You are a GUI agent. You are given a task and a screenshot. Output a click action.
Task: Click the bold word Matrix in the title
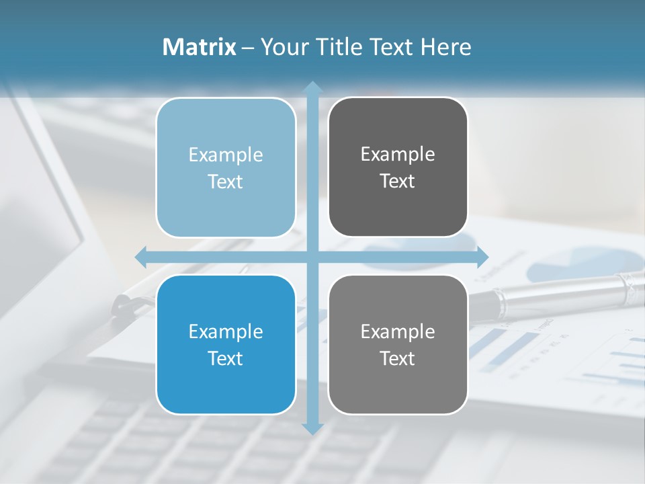tap(200, 47)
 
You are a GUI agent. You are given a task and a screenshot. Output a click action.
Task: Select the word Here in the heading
tap(446, 47)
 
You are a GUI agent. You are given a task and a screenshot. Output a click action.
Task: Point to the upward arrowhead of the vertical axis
tap(312, 87)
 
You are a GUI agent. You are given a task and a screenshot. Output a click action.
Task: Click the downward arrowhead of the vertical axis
tap(312, 428)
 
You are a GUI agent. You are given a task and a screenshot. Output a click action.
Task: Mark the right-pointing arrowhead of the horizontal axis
tap(482, 257)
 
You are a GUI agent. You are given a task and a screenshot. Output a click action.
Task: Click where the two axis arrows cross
tap(312, 257)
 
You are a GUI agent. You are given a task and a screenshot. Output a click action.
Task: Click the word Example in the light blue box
tap(226, 155)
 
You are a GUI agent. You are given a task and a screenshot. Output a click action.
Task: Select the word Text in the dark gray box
tap(398, 182)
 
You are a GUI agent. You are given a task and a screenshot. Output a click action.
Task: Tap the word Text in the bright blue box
tap(226, 358)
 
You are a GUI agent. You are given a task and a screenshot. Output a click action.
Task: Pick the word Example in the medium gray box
tap(398, 331)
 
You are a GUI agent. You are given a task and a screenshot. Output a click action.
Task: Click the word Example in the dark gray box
tap(398, 155)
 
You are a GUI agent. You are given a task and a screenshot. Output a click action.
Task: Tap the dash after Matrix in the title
tap(248, 48)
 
